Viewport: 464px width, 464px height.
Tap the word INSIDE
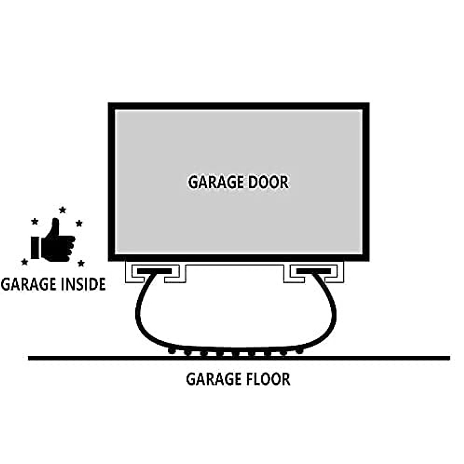click(83, 284)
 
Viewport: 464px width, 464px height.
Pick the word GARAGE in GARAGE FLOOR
click(212, 379)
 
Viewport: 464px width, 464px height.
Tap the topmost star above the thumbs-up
click(62, 210)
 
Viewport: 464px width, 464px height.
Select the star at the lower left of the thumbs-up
click(25, 262)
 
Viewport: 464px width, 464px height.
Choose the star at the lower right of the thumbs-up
click(81, 263)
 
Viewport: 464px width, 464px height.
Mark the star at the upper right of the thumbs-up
click(79, 223)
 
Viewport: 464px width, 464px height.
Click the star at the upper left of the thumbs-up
click(35, 222)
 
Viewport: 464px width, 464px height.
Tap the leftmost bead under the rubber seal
click(171, 351)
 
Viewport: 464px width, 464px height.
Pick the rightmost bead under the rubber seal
click(299, 351)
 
